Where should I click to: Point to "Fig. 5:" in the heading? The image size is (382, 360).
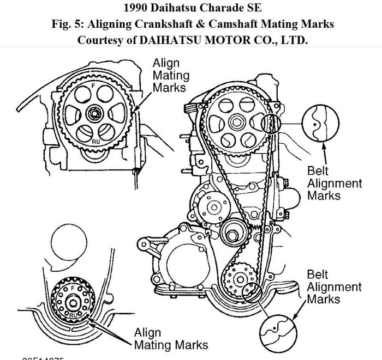[63, 24]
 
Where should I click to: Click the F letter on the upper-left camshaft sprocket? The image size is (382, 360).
[93, 86]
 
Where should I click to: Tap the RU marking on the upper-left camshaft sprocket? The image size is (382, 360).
[95, 142]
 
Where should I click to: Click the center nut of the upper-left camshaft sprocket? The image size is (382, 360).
[94, 114]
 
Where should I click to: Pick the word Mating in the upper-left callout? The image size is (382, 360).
[170, 75]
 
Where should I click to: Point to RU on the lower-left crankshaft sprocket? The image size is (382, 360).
[73, 314]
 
